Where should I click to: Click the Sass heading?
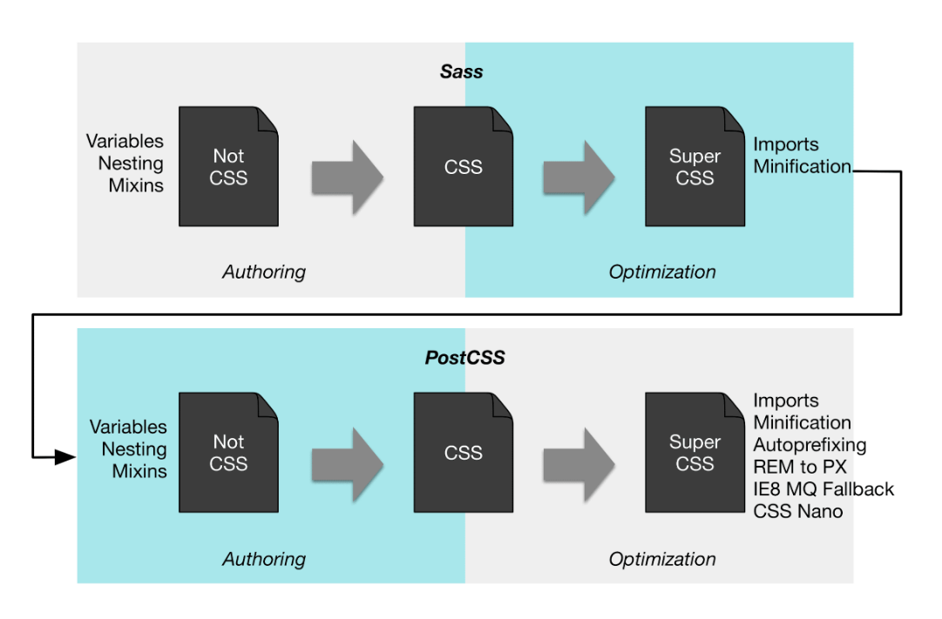461,71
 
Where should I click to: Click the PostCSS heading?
465,357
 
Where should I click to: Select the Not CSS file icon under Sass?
228,166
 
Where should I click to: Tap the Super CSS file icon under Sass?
695,166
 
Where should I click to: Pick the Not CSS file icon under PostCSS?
228,452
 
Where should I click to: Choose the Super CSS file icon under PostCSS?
695,452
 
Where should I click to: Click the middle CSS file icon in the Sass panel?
464,166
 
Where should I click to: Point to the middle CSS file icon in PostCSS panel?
464,452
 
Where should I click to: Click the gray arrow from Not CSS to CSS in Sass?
347,178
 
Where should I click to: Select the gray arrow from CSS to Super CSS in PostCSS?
579,464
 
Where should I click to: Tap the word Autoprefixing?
810,445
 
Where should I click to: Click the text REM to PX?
800,467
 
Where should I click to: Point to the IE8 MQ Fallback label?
823,488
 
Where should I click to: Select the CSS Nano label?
798,511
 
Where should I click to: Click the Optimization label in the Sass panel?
662,272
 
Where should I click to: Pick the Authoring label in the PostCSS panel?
264,559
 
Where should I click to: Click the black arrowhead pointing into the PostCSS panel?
65,457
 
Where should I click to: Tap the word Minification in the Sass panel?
802,166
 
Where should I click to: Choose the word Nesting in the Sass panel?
131,164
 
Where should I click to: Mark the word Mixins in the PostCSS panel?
139,471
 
